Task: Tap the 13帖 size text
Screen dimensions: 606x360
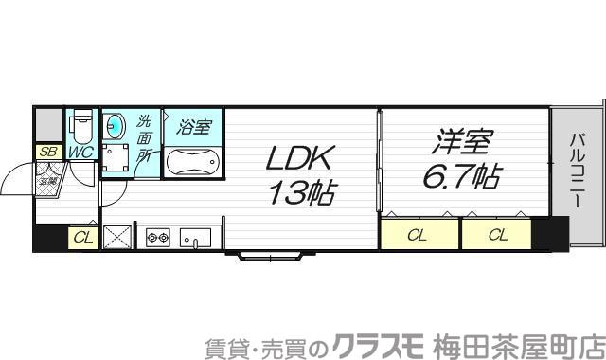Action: (x=298, y=193)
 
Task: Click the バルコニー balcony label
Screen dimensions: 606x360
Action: (x=577, y=173)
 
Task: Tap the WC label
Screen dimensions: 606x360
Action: (x=80, y=153)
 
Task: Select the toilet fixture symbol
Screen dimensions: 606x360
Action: (x=81, y=123)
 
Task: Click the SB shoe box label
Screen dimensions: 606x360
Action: (x=47, y=152)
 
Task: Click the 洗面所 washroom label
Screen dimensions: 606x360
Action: (x=144, y=140)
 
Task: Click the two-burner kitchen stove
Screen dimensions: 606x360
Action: (x=156, y=236)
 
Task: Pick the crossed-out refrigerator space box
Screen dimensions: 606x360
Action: (x=116, y=237)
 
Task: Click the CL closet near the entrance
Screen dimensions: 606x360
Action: (x=81, y=238)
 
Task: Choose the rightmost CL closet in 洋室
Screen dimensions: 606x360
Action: (x=496, y=234)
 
